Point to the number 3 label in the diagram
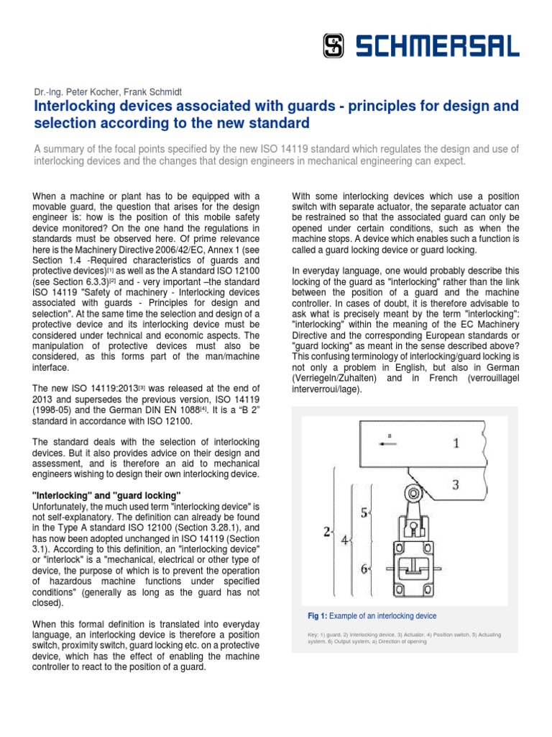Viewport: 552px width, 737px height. [x=455, y=484]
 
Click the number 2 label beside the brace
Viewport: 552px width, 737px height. [x=327, y=532]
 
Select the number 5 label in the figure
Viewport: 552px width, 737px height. [x=364, y=512]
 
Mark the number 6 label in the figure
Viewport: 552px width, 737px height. [x=364, y=568]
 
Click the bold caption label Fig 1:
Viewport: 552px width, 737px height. [x=317, y=616]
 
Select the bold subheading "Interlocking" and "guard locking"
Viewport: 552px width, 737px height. [x=107, y=494]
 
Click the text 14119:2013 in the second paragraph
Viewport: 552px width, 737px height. [x=95, y=389]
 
